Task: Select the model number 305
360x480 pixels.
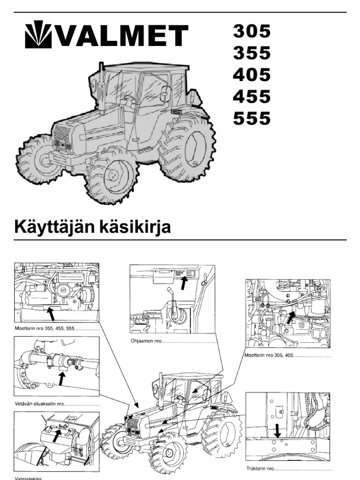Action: [x=252, y=31]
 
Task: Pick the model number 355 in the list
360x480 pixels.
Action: [x=252, y=53]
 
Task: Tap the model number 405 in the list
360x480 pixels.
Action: [x=252, y=75]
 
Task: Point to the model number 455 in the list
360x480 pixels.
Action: [x=252, y=97]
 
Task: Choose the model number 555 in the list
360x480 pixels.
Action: [x=252, y=118]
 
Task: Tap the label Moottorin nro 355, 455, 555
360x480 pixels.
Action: [x=45, y=329]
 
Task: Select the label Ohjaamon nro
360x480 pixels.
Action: [x=146, y=342]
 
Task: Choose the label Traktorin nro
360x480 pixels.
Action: [x=260, y=468]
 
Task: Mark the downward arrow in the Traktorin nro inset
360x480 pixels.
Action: [x=277, y=428]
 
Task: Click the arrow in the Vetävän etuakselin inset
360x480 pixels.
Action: [x=61, y=378]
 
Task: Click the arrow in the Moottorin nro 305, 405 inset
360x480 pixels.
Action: [x=291, y=318]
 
